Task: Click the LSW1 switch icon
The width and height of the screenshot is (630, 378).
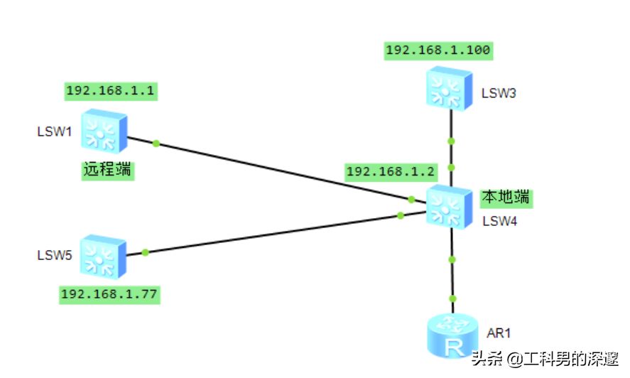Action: (104, 131)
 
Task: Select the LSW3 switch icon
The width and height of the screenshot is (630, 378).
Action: (449, 89)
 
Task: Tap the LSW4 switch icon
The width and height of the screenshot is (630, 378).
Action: (449, 207)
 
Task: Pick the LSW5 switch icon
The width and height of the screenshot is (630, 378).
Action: (103, 256)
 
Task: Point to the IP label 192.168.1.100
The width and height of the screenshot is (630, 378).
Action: (438, 50)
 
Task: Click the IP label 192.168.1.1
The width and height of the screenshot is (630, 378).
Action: (111, 91)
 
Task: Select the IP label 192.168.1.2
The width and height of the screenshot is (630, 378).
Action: (391, 172)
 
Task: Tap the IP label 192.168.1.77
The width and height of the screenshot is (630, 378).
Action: (109, 295)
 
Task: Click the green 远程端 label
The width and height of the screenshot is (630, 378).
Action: (108, 170)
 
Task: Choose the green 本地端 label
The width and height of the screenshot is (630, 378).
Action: (506, 198)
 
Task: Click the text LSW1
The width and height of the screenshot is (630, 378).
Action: (54, 131)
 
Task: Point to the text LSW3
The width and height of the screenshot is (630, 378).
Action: (499, 93)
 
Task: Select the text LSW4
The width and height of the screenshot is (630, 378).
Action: (499, 221)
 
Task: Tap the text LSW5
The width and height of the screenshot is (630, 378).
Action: (55, 255)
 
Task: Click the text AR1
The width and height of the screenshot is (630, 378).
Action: (499, 333)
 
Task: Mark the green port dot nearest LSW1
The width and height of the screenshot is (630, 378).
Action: (156, 144)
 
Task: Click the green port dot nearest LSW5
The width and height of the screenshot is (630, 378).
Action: (145, 252)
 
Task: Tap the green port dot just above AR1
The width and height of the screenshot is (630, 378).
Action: (453, 299)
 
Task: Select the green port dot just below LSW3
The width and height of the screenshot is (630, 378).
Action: (451, 141)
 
